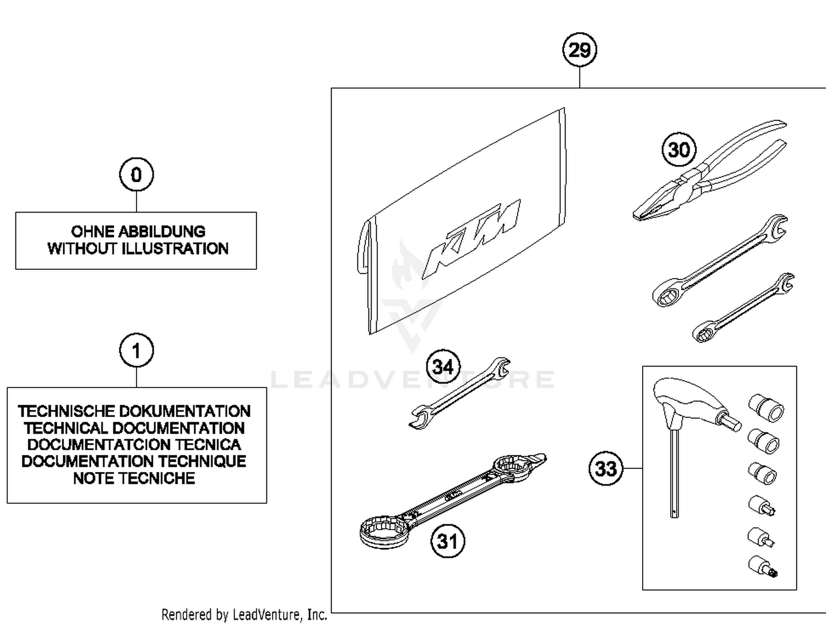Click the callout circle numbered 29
[x=579, y=50]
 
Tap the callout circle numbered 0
[x=136, y=175]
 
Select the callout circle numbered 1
[x=136, y=350]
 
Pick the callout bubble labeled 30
[x=678, y=150]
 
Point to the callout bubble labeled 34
[x=443, y=367]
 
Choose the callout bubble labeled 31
[x=447, y=541]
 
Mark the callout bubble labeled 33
[x=606, y=468]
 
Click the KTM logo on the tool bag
[x=472, y=239]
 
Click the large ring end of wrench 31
[x=383, y=530]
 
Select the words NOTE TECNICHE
[x=134, y=478]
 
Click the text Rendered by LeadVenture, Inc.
[x=244, y=614]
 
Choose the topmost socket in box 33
[x=766, y=408]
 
